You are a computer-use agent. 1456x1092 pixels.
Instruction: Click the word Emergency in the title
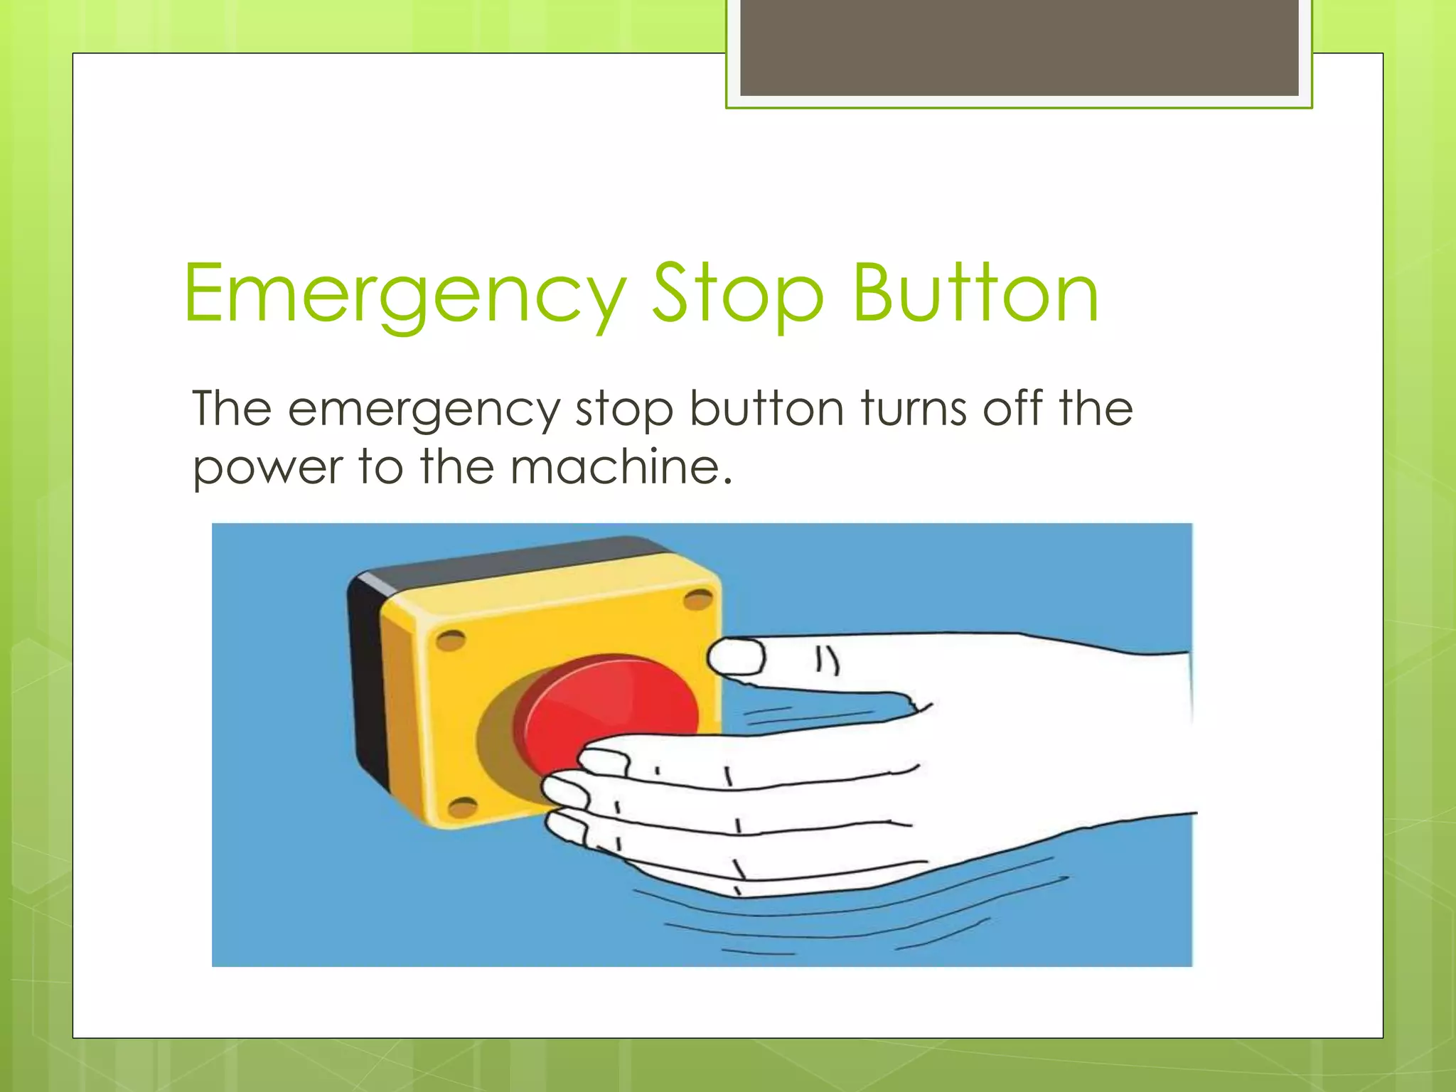pyautogui.click(x=404, y=294)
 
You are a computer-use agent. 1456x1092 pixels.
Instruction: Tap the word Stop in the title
pyautogui.click(x=737, y=294)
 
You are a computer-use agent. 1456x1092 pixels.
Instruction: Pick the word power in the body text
pyautogui.click(x=267, y=469)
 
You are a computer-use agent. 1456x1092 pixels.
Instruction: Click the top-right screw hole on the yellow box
pyautogui.click(x=697, y=600)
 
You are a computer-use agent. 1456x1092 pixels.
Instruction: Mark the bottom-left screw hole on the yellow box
pyautogui.click(x=464, y=807)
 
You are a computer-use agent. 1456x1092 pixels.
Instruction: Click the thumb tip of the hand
pyautogui.click(x=736, y=655)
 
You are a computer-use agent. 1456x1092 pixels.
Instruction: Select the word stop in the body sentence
pyautogui.click(x=624, y=410)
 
